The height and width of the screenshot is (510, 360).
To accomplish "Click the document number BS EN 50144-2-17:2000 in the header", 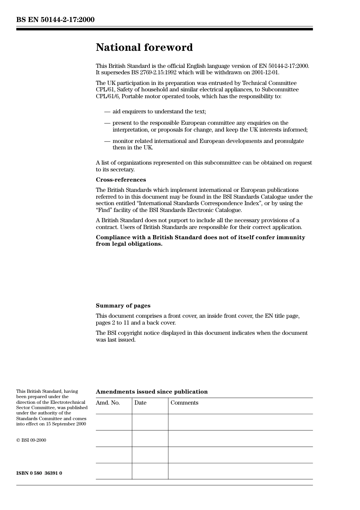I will click(55, 20).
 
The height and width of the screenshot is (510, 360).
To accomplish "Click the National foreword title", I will click(144, 47).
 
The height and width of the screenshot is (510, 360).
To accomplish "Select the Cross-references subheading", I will click(121, 180).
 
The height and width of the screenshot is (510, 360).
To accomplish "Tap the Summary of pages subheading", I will click(123, 306).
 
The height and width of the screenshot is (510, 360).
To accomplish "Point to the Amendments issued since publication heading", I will click(152, 392).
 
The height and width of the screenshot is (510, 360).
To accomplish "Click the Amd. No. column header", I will click(108, 403).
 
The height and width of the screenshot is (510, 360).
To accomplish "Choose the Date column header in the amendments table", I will click(140, 403).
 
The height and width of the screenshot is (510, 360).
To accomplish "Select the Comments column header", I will click(184, 403).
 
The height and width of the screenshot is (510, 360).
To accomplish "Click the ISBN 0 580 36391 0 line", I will click(39, 473).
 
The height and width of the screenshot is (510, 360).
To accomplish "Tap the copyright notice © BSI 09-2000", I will click(31, 440).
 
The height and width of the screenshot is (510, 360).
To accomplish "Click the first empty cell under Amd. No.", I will click(114, 422).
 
